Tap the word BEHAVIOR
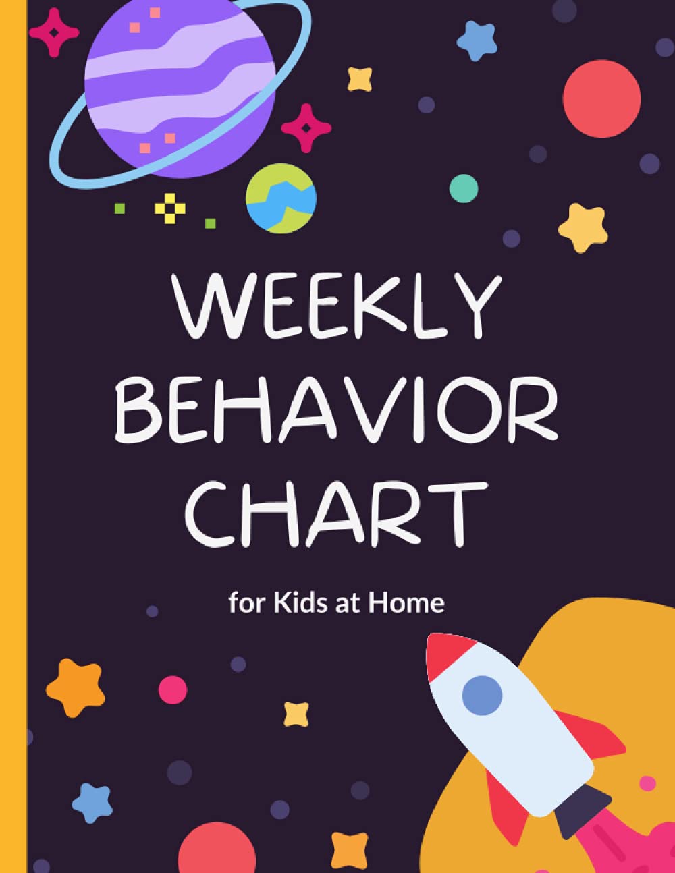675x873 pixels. point(336,408)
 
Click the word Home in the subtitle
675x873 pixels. point(406,602)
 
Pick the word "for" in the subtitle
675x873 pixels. point(246,602)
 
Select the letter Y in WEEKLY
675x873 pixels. point(477,305)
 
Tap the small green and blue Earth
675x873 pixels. point(281,198)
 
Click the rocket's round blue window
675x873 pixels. point(482,696)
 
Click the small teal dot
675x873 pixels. point(464,189)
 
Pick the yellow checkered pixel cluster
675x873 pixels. point(169,208)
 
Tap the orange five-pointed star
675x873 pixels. point(76,687)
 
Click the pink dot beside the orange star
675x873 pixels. point(172,689)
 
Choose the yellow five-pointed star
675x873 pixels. point(583,227)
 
